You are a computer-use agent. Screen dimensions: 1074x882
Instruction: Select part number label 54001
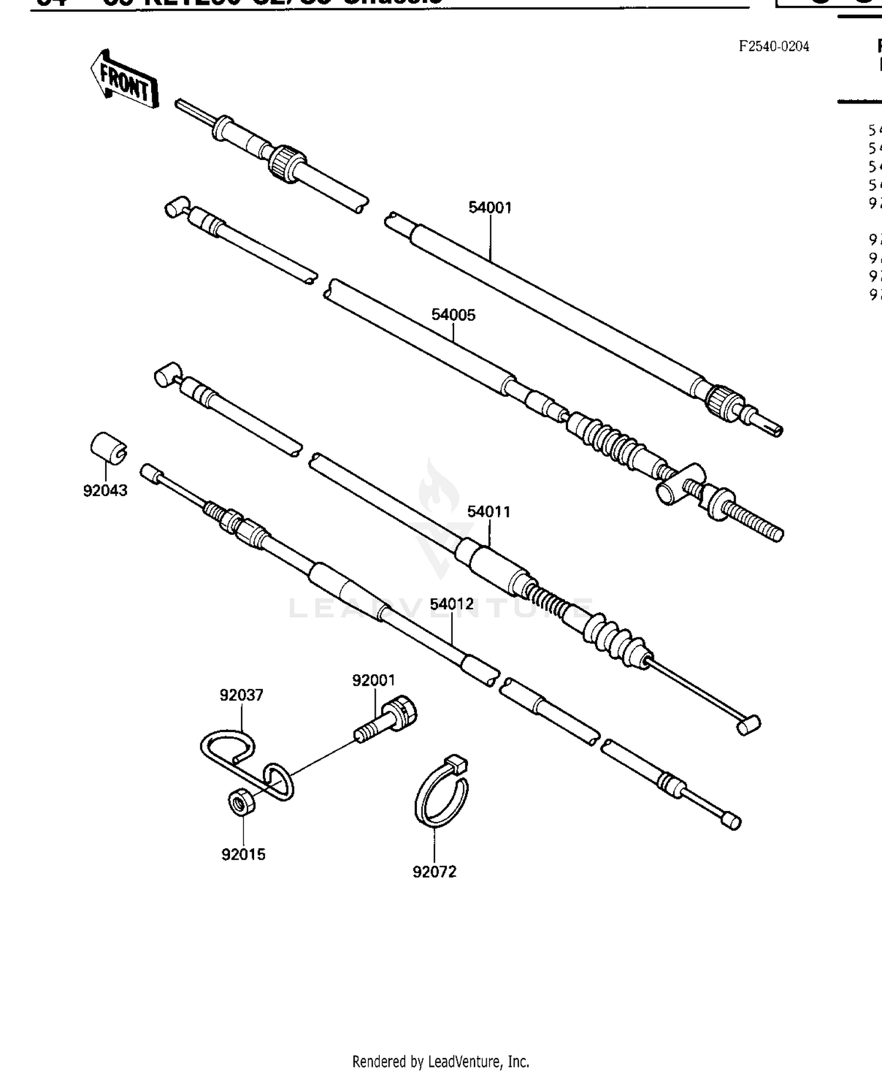click(490, 208)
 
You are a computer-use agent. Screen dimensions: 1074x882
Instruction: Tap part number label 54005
click(453, 315)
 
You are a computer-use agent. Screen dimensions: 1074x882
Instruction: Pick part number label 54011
click(489, 512)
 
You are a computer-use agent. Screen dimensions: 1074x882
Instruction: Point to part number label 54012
click(452, 604)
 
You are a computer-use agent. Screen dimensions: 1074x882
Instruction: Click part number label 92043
click(105, 491)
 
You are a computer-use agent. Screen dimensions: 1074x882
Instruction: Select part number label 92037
click(241, 695)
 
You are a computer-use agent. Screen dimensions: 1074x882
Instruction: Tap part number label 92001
click(374, 680)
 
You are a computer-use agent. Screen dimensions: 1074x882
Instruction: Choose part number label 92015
click(243, 854)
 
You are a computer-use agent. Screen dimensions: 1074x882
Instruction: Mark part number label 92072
click(434, 872)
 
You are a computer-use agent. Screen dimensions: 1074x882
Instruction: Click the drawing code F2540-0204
click(774, 46)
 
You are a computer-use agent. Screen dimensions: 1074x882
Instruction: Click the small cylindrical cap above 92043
click(108, 448)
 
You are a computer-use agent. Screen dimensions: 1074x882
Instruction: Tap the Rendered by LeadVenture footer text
click(440, 1062)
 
